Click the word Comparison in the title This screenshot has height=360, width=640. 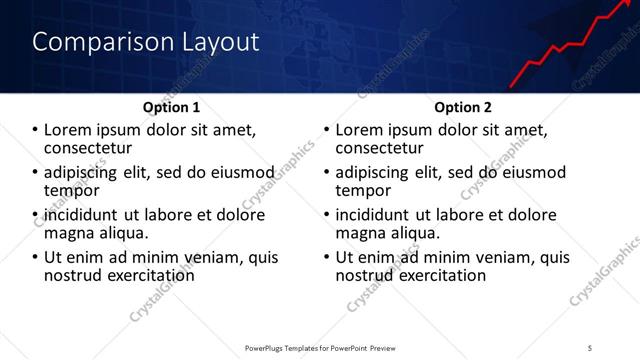[88, 42]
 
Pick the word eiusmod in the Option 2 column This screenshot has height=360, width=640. [532, 171]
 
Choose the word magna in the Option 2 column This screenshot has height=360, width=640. [360, 233]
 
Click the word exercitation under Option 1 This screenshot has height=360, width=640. [146, 274]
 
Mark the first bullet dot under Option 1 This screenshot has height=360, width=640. [36, 130]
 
